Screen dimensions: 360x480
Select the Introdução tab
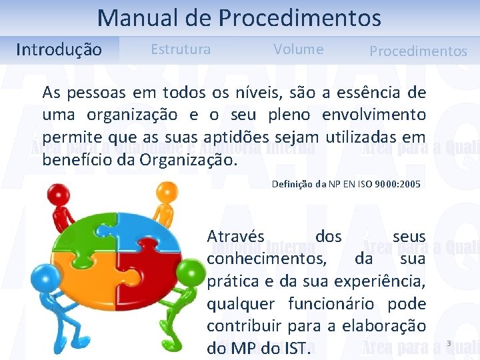pyautogui.click(x=59, y=50)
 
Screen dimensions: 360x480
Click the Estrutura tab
pyautogui.click(x=181, y=49)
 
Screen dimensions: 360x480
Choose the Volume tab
pyautogui.click(x=298, y=49)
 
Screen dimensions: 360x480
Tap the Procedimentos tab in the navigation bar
pyautogui.click(x=418, y=51)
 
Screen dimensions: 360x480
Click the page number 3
pyautogui.click(x=449, y=343)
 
